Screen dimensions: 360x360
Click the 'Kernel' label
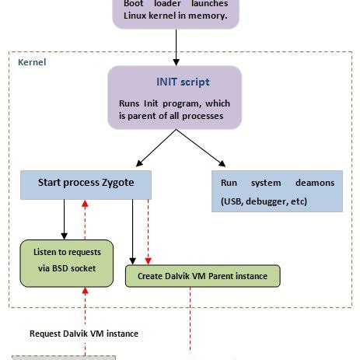(32, 61)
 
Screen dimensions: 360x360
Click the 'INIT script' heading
(182, 82)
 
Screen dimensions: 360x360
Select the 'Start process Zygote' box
(86, 184)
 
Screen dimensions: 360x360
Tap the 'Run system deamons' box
(276, 191)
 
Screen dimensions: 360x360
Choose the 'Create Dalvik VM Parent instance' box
(201, 275)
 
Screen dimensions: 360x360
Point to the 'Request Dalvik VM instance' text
(84, 333)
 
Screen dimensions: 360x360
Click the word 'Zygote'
(117, 183)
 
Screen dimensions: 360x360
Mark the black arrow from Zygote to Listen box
(63, 218)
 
